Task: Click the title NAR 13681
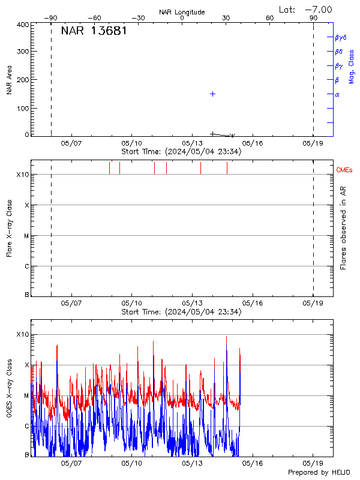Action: (x=94, y=31)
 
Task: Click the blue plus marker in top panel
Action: (x=212, y=94)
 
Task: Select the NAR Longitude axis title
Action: (x=182, y=12)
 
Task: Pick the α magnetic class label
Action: (x=337, y=94)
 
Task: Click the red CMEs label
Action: (x=344, y=170)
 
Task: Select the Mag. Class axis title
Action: (x=352, y=66)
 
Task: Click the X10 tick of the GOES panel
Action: (x=22, y=334)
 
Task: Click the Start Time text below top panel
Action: (x=181, y=152)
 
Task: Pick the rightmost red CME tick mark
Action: (x=227, y=168)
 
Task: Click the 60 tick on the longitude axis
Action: (x=269, y=18)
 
